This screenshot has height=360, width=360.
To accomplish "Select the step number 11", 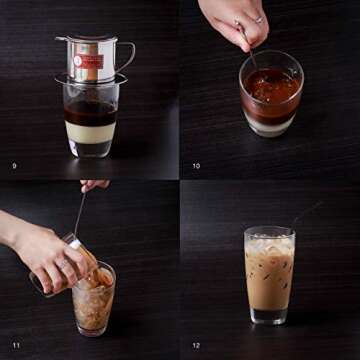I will click(14, 343).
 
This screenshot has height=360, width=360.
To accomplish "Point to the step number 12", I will click(196, 343).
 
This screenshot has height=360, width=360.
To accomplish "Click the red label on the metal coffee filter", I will click(88, 62).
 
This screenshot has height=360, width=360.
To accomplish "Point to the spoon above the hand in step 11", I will click(79, 210).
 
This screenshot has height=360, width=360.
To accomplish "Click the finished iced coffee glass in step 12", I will click(270, 275).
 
